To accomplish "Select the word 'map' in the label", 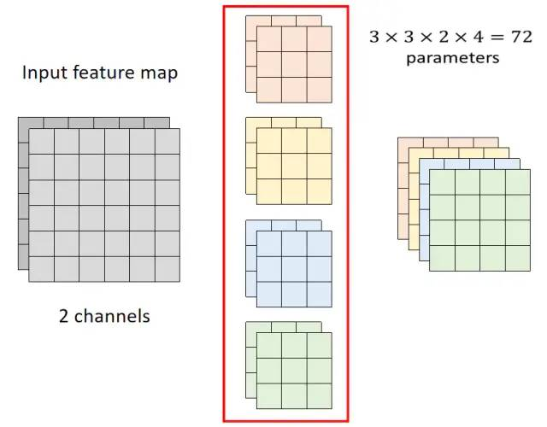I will pyautogui.click(x=159, y=73).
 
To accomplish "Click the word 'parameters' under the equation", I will pyautogui.click(x=452, y=58).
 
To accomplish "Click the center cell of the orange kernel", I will pyautogui.click(x=294, y=65).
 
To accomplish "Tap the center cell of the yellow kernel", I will pyautogui.click(x=294, y=166).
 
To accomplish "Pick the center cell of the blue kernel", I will pyautogui.click(x=294, y=269).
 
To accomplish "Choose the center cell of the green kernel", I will pyautogui.click(x=294, y=371).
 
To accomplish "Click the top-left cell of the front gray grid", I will pyautogui.click(x=42, y=142).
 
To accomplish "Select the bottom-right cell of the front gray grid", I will pyautogui.click(x=168, y=269).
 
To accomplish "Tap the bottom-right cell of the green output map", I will pyautogui.click(x=518, y=258).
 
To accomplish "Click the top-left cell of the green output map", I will pyautogui.click(x=442, y=183).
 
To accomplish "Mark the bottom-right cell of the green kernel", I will pyautogui.click(x=319, y=395).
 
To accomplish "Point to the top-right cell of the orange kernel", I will pyautogui.click(x=319, y=39).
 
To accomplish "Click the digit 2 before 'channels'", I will pyautogui.click(x=64, y=316).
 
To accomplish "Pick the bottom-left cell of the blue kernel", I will pyautogui.click(x=269, y=294).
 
